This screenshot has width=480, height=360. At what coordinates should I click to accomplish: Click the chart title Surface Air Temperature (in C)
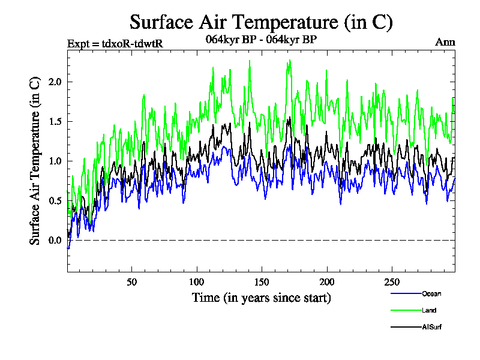coord(261,22)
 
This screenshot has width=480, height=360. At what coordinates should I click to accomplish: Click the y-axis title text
coord(35,160)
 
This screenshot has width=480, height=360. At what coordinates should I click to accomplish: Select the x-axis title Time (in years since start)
coord(261,297)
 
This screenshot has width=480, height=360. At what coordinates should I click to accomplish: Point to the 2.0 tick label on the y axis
coord(54,82)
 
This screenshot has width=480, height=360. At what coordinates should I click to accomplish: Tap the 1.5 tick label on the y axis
coord(54,121)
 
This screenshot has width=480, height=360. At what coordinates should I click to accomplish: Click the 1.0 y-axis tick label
coord(54,161)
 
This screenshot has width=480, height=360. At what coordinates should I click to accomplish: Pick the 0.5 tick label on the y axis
coord(54,200)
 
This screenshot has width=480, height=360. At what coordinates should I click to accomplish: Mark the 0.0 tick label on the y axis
coord(54,240)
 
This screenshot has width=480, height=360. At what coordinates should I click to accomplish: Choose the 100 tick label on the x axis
coord(196,282)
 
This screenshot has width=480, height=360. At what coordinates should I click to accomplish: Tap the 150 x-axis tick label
coord(262,282)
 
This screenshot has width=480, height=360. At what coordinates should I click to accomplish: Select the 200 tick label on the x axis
coord(326,282)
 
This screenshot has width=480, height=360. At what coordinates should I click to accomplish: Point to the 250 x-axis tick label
coord(391,282)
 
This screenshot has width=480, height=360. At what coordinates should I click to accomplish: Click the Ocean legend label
coord(431,293)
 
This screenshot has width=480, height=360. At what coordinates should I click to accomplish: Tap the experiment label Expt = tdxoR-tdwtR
coord(115,43)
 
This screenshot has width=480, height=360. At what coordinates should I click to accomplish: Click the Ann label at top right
coord(445,43)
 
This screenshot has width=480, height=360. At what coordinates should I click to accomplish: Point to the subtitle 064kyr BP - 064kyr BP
coord(261,40)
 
